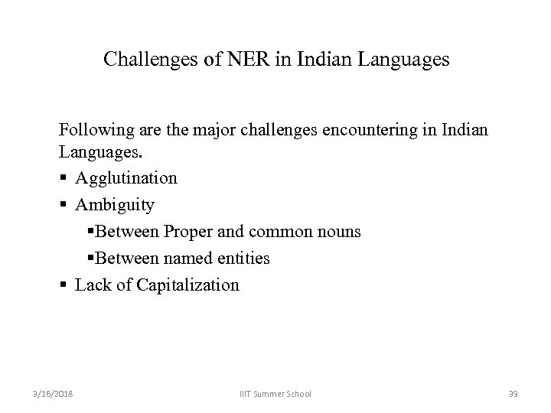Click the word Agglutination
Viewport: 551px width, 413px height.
(126, 178)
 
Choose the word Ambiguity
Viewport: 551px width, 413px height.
(115, 205)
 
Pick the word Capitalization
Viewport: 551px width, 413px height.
(187, 285)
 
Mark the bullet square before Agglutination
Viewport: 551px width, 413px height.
(64, 179)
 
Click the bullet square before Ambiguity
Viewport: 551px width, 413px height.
(64, 206)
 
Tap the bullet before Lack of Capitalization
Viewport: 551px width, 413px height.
(64, 286)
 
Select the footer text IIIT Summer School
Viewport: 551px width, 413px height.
(275, 393)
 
